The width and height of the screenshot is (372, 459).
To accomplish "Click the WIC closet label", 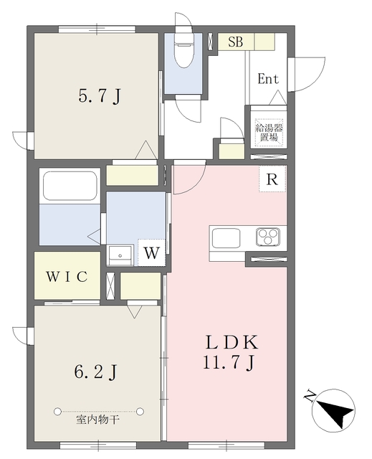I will pos(67,276).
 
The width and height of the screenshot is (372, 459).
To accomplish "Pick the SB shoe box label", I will pos(236,42).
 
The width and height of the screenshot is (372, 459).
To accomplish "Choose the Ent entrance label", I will pos(268,80).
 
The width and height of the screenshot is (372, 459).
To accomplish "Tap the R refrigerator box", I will pos(272,180).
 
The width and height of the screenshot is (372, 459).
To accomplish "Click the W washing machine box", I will pos(151,253).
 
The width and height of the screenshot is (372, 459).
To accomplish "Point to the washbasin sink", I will pos(120,255).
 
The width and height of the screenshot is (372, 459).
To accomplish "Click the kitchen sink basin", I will pos(227,236).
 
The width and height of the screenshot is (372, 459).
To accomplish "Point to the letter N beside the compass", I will pos(308,395).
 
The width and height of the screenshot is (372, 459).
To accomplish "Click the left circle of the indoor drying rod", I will pos(57,411).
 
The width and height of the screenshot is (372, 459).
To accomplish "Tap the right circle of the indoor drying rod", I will pos(140,411).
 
